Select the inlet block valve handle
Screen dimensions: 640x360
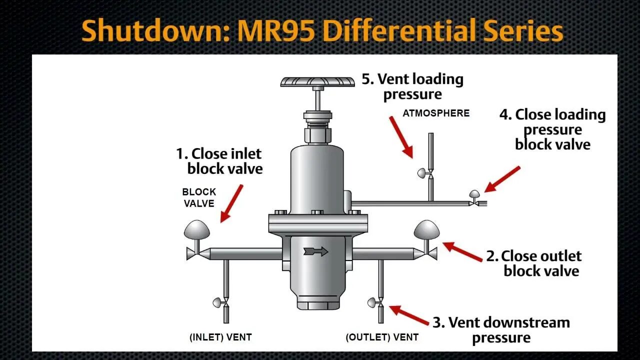(x=197, y=230)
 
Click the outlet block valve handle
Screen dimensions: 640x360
(x=426, y=229)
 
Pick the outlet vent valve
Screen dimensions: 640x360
(x=375, y=302)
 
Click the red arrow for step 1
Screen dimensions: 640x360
(x=231, y=203)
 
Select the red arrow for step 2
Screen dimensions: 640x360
(x=462, y=251)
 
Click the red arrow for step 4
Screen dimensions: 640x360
(x=502, y=179)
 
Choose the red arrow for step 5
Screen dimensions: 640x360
(x=401, y=137)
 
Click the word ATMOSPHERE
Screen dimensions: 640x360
(x=436, y=113)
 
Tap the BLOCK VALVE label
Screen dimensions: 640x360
(x=199, y=197)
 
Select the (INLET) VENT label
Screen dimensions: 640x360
(x=220, y=337)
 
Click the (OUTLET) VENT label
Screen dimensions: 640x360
(x=382, y=337)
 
